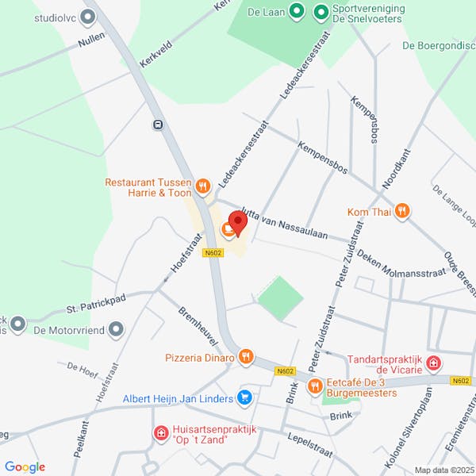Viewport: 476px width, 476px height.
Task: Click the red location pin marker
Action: click(x=237, y=221)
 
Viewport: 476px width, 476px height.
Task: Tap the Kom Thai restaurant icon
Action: click(x=402, y=211)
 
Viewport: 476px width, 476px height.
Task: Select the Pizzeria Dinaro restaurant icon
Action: click(x=247, y=357)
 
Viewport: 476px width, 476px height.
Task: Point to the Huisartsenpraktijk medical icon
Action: click(x=160, y=433)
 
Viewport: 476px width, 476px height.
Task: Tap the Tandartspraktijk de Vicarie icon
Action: click(x=433, y=363)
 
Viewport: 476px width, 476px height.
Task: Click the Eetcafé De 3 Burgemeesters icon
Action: click(x=315, y=386)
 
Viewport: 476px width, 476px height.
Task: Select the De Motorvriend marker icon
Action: click(x=117, y=328)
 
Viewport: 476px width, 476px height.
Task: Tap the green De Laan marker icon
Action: click(x=296, y=11)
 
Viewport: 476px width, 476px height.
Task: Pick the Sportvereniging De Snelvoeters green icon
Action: click(x=321, y=11)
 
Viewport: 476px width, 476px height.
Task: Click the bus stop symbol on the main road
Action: click(x=159, y=124)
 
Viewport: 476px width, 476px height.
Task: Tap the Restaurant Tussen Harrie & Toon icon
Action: click(x=203, y=186)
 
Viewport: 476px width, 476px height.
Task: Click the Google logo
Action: click(x=25, y=467)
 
